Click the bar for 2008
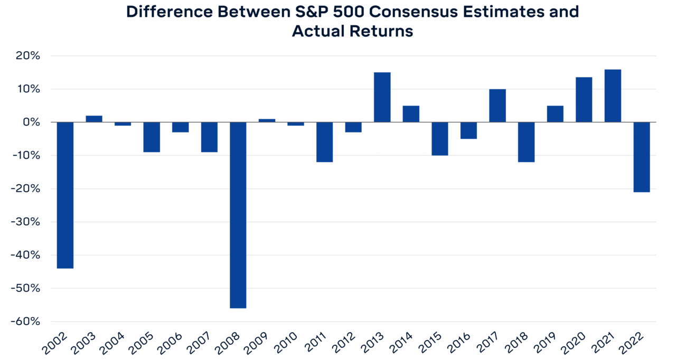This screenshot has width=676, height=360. tap(238, 215)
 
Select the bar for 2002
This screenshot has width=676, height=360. tap(65, 195)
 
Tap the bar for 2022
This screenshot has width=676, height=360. tap(642, 157)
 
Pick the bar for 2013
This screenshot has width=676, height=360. tap(382, 97)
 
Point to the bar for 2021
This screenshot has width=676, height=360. tap(613, 96)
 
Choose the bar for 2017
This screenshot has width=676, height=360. tap(497, 106)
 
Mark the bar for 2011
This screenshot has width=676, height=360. tap(325, 142)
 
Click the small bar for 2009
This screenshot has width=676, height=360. tap(267, 120)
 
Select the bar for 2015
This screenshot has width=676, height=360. tap(440, 138)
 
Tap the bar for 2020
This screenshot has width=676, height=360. tap(584, 100)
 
